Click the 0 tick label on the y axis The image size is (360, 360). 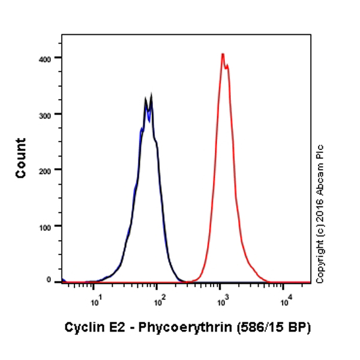(x=56, y=281)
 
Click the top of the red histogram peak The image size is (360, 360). (x=223, y=54)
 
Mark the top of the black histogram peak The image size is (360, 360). (x=151, y=96)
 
